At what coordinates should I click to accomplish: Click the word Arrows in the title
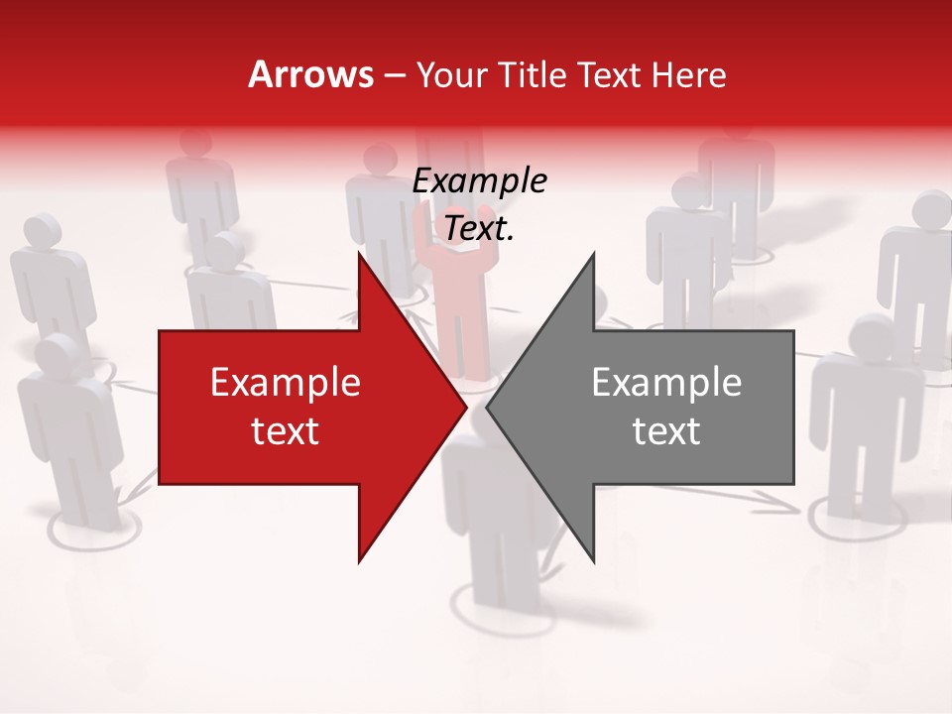tap(310, 74)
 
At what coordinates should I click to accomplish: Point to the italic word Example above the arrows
tap(480, 181)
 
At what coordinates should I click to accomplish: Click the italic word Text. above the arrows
tap(480, 229)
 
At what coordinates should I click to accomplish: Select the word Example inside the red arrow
tap(286, 383)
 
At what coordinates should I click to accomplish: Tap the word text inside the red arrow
tap(286, 431)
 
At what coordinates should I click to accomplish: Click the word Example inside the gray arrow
tap(666, 383)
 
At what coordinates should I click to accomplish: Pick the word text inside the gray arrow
tap(666, 431)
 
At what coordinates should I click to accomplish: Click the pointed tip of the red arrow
tap(465, 407)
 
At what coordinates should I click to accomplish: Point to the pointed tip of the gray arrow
tap(488, 407)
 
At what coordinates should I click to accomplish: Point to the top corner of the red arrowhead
tap(359, 254)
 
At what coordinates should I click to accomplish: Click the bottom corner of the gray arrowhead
tap(594, 561)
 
